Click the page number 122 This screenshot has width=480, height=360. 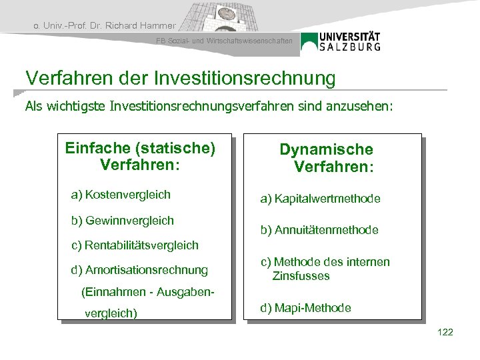[x=445, y=332]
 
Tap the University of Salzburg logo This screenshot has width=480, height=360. [x=341, y=41]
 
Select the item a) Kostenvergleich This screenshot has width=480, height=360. [x=121, y=195]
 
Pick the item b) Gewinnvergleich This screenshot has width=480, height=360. [x=122, y=220]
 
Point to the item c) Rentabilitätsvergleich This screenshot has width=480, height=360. [x=135, y=245]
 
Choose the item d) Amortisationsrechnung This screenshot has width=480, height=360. [x=139, y=270]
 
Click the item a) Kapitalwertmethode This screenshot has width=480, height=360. [x=320, y=199]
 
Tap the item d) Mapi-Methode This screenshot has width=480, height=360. [x=305, y=308]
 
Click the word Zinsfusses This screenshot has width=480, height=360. [x=301, y=276]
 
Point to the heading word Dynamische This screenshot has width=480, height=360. [x=326, y=149]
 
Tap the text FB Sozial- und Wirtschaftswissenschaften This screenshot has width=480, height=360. [x=229, y=41]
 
